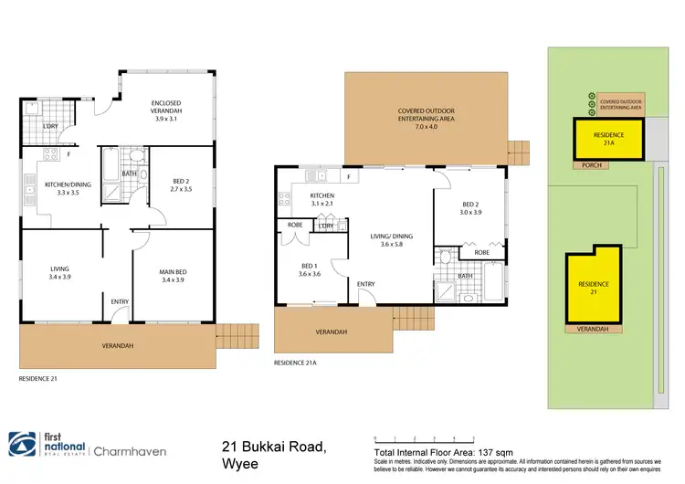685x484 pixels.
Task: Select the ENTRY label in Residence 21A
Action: [x=366, y=284]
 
